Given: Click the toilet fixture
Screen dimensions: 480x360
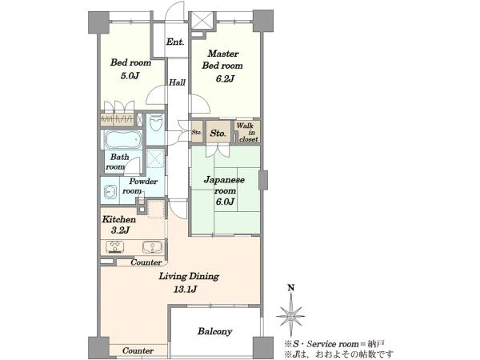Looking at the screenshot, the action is (x=156, y=122).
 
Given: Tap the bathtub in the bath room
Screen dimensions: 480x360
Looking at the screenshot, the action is (x=123, y=139).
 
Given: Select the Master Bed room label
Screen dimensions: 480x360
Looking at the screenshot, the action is (x=222, y=60).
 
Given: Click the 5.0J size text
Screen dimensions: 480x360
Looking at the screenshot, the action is (x=130, y=75).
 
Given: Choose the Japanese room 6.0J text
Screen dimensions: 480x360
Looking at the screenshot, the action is (x=224, y=190).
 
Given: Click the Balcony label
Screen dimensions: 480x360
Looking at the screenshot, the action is (x=214, y=331).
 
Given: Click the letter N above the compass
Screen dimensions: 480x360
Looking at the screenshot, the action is (x=291, y=288).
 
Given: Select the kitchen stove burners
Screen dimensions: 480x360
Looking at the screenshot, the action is (x=114, y=246).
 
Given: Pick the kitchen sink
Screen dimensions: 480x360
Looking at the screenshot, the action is (x=152, y=246).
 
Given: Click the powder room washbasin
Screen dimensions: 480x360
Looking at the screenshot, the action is (x=110, y=192).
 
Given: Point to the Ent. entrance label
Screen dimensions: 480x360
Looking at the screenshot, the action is (x=175, y=42).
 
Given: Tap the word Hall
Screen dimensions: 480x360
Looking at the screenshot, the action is (x=178, y=82).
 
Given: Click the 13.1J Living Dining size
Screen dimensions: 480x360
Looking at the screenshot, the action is (x=186, y=289).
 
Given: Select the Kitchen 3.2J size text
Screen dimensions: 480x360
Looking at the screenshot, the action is (x=121, y=230).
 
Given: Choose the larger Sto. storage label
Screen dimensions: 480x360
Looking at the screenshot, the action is (x=218, y=133).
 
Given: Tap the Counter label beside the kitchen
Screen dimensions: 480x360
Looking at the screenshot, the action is (x=146, y=262).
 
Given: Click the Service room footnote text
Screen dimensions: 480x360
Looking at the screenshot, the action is (x=334, y=344).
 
